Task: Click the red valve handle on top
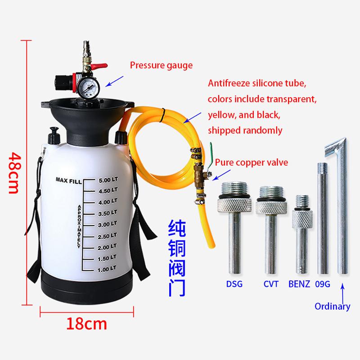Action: [99, 66]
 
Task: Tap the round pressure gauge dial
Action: [88, 87]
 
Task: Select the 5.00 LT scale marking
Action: [108, 180]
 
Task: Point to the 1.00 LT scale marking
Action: [107, 269]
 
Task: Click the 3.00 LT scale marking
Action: [108, 224]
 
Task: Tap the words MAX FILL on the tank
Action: [69, 180]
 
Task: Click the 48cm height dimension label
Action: [14, 173]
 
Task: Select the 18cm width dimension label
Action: [86, 324]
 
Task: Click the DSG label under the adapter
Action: [234, 284]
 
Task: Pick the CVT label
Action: [271, 284]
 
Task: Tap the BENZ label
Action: [299, 284]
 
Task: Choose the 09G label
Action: [323, 284]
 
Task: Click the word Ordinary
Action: [332, 306]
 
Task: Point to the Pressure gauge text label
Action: [161, 65]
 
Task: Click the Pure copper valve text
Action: [252, 162]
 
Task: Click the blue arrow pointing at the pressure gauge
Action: [114, 81]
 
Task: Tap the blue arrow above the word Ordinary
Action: [342, 293]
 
